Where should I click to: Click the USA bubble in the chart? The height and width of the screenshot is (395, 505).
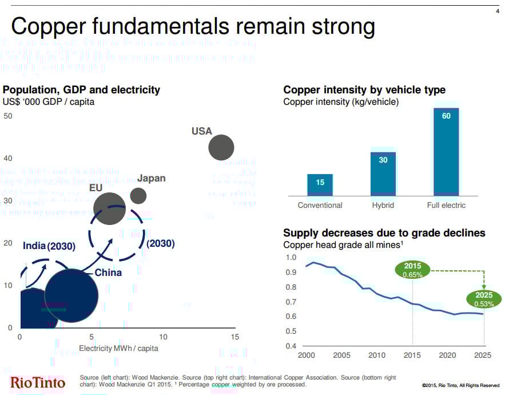pos(221,148)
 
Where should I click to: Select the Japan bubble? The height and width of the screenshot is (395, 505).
pos(138,195)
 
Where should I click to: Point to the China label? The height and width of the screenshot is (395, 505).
pos(108,272)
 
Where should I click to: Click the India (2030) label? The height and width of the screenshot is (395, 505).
pos(49,246)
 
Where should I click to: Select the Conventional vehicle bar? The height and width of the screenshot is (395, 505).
pos(320,185)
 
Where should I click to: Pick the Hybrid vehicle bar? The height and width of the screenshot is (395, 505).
pos(383,174)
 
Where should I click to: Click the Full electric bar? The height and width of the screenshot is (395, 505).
pos(446,152)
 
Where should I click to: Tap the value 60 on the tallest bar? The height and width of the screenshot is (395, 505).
pos(446,116)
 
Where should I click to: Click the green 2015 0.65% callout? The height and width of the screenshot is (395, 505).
pos(412,270)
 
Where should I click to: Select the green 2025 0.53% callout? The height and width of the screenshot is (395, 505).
pos(484,299)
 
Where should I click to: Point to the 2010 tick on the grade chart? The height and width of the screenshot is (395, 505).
pos(377,355)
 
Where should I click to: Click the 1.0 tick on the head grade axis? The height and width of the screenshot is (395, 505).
pos(291,258)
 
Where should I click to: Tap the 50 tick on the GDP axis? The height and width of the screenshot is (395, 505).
pos(8,116)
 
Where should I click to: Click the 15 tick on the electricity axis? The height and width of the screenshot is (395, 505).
pos(234,337)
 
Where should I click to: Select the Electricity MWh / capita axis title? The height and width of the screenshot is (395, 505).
pos(118,348)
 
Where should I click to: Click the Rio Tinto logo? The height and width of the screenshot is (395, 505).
pos(38,382)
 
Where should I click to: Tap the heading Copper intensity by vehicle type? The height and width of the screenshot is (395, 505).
pos(364,90)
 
